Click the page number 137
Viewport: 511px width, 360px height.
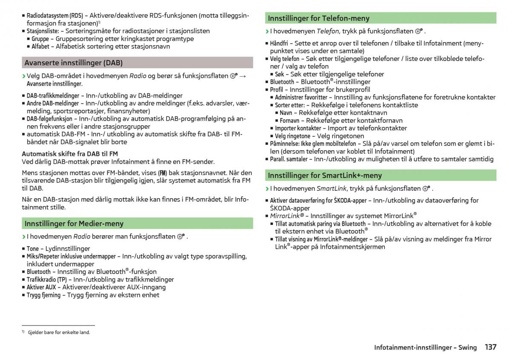click(490, 347)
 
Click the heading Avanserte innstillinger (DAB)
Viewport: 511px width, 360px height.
click(73, 63)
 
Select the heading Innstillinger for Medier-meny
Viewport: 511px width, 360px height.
click(74, 223)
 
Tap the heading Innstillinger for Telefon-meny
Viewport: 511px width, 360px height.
click(319, 18)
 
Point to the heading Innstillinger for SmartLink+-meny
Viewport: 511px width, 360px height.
click(324, 175)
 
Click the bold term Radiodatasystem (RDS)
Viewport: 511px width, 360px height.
click(55, 16)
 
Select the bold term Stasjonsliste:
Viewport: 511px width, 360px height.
click(43, 31)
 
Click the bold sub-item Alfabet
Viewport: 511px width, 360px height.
click(40, 46)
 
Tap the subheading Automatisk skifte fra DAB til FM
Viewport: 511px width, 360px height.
click(70, 153)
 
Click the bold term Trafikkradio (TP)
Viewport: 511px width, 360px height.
click(47, 279)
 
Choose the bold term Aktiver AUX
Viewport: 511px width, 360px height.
click(41, 287)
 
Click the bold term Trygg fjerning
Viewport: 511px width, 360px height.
click(43, 295)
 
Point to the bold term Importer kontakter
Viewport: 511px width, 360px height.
click(298, 128)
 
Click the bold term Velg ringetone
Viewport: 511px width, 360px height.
click(293, 136)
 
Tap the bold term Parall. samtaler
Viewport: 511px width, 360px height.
click(289, 159)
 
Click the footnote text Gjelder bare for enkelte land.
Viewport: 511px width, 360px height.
click(59, 332)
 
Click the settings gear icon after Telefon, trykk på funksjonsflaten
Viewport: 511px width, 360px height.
click(419, 31)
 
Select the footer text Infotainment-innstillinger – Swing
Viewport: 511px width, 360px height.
click(425, 348)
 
